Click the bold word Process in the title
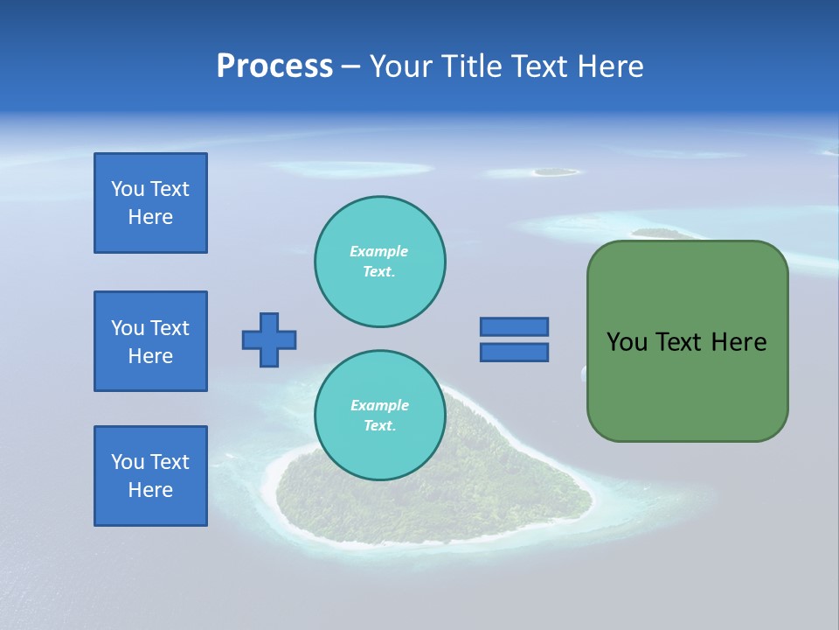click(274, 66)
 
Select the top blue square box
click(150, 203)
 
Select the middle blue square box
click(150, 341)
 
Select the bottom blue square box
click(150, 476)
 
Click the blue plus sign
click(269, 339)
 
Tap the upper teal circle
click(379, 262)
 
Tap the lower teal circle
click(379, 416)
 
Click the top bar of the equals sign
click(514, 326)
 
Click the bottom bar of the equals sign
click(514, 352)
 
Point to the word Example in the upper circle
click(378, 251)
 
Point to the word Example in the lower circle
click(379, 405)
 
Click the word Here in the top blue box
click(150, 217)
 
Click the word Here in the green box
click(738, 342)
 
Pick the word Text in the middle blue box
click(170, 328)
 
